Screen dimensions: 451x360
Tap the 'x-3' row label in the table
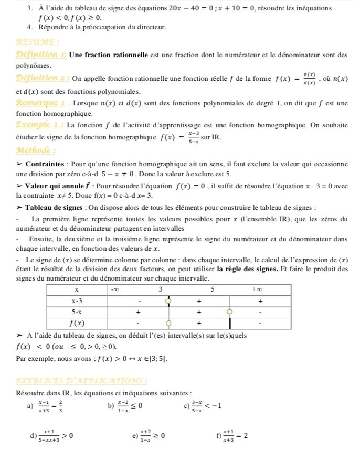pyautogui.click(x=77, y=301)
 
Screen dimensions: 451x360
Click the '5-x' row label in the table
pyautogui.click(x=77, y=312)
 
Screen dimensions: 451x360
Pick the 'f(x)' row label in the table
pyautogui.click(x=77, y=323)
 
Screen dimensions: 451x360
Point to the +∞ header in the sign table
pyautogui.click(x=257, y=289)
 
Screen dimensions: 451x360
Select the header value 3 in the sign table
pyautogui.click(x=161, y=289)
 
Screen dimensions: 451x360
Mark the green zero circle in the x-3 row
pyautogui.click(x=168, y=301)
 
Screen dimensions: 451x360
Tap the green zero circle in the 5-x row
pyautogui.click(x=229, y=312)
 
